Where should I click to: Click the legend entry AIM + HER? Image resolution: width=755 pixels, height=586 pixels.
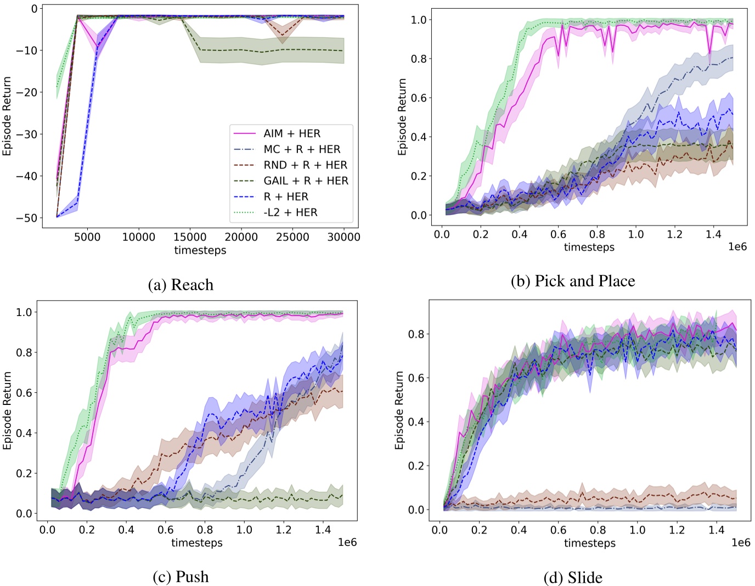pos(291,133)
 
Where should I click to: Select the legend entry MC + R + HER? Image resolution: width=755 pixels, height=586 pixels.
pos(302,149)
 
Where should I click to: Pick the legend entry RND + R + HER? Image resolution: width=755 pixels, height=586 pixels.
pos(305,165)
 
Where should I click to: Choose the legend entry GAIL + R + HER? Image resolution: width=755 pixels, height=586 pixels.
pos(306,181)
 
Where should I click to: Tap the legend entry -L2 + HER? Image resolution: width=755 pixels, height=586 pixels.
pos(290,212)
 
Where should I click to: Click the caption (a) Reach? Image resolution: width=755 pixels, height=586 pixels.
pos(181,285)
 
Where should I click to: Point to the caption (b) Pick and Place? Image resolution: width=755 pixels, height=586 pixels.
pos(572,281)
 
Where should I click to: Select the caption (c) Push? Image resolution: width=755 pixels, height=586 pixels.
pos(181,577)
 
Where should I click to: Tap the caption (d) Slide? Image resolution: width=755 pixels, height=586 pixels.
pos(573,577)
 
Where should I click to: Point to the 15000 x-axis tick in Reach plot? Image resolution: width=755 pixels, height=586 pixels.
pos(190,237)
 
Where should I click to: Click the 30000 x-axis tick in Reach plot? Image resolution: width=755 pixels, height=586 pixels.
pos(343,237)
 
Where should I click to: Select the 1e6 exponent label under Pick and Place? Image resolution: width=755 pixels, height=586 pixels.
pos(737,247)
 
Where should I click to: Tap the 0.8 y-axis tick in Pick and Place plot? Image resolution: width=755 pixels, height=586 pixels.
pos(419,59)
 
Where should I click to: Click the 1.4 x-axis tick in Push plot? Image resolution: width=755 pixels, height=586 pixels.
pos(323,529)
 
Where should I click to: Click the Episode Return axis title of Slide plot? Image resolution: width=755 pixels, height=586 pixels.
pos(399,410)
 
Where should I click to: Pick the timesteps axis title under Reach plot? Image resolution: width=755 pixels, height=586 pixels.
pos(200,250)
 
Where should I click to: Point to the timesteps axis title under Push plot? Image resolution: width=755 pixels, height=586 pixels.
pos(196,543)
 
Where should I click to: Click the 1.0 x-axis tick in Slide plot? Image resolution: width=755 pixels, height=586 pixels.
pos(637,530)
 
